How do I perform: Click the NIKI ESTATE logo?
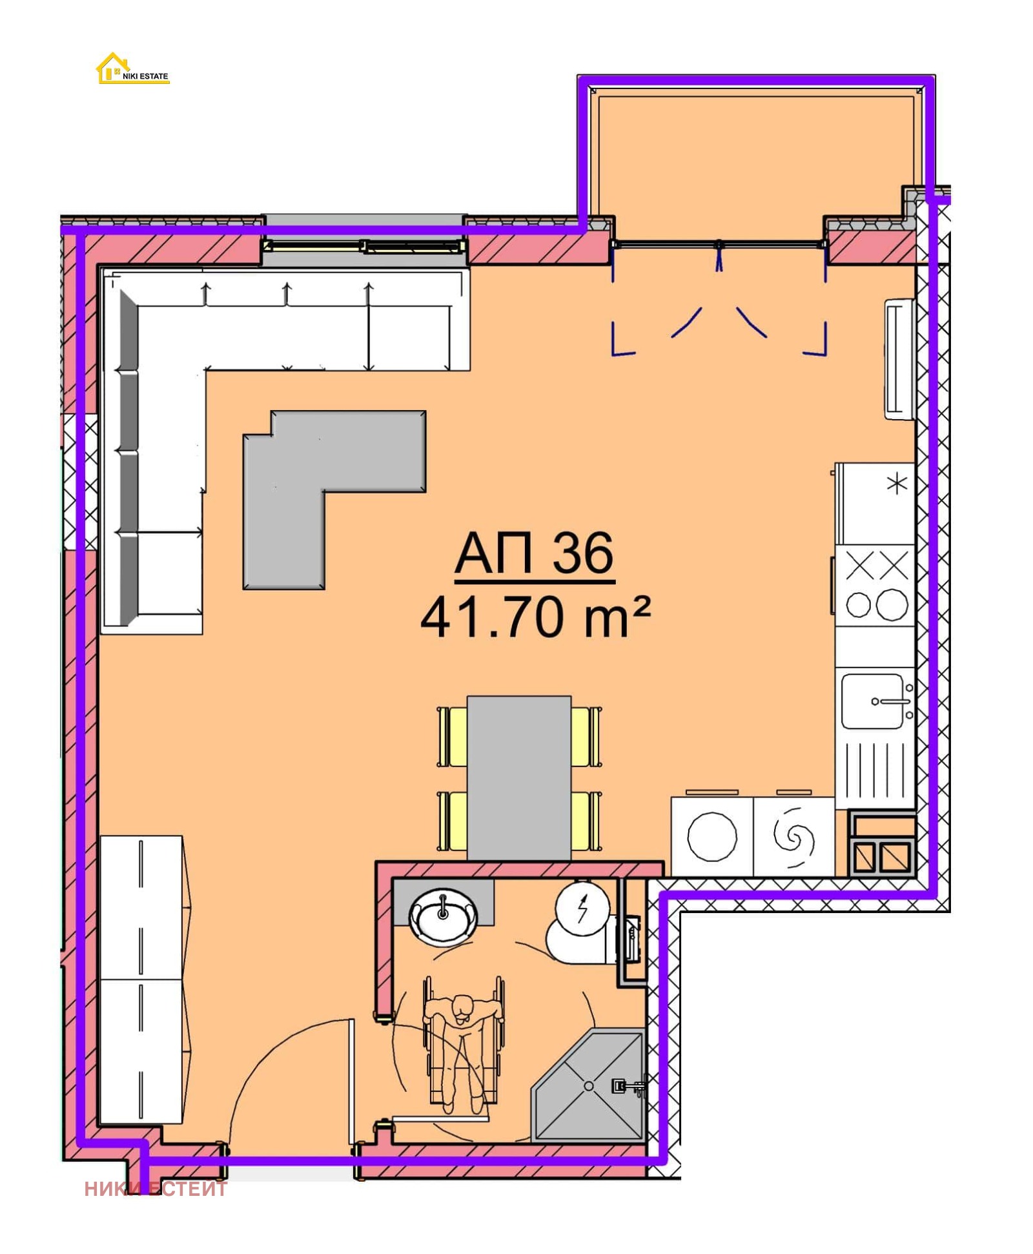tap(132, 69)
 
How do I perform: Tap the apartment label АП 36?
tap(534, 553)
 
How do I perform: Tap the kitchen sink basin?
tap(872, 701)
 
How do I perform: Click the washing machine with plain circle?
tap(711, 837)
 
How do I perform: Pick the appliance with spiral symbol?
tap(793, 837)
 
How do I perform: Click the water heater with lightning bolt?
tap(583, 907)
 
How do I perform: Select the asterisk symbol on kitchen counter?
tap(897, 484)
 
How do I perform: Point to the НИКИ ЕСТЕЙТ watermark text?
tap(156, 1189)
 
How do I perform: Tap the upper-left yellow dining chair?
tap(452, 737)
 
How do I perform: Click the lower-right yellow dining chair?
tap(586, 821)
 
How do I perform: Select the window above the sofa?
tap(365, 245)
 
